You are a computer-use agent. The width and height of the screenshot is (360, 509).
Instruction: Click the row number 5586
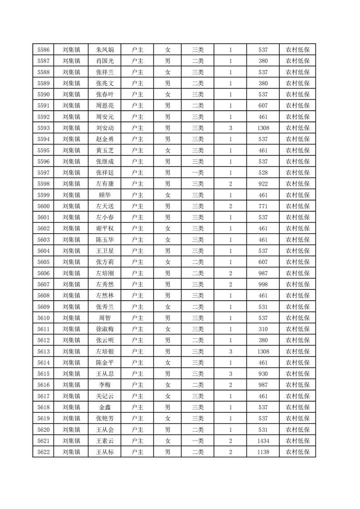point(44,50)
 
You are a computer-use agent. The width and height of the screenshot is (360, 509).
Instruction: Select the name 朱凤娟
point(105,50)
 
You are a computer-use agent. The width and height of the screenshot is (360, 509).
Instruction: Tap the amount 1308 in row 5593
point(263,128)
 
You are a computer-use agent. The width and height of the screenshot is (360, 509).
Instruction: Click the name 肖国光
point(105,61)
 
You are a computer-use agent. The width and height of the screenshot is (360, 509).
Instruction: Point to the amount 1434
point(263,440)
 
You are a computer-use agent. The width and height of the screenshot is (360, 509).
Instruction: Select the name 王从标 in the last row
point(105,452)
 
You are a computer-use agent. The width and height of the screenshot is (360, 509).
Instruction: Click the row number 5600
point(44,206)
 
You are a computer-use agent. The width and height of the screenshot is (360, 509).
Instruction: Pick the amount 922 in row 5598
point(263,184)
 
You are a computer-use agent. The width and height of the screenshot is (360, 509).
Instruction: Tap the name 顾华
point(105,195)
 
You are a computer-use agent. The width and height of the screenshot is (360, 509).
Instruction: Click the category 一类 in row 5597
point(198,173)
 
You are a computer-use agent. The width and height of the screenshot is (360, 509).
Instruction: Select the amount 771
point(263,206)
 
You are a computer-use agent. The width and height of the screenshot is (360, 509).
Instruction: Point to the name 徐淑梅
point(105,329)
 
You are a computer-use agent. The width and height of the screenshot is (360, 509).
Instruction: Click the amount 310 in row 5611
point(263,329)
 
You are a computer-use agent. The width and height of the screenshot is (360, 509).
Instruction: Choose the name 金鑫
point(105,407)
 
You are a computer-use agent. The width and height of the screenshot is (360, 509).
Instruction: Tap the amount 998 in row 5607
point(263,284)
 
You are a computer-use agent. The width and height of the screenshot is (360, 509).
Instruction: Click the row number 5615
point(44,373)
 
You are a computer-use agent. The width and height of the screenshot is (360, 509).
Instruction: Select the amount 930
point(263,373)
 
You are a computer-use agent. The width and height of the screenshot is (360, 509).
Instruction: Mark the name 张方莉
point(105,262)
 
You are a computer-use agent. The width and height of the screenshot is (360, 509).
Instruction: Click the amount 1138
point(263,452)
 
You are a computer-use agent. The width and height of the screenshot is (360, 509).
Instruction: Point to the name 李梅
point(105,385)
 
